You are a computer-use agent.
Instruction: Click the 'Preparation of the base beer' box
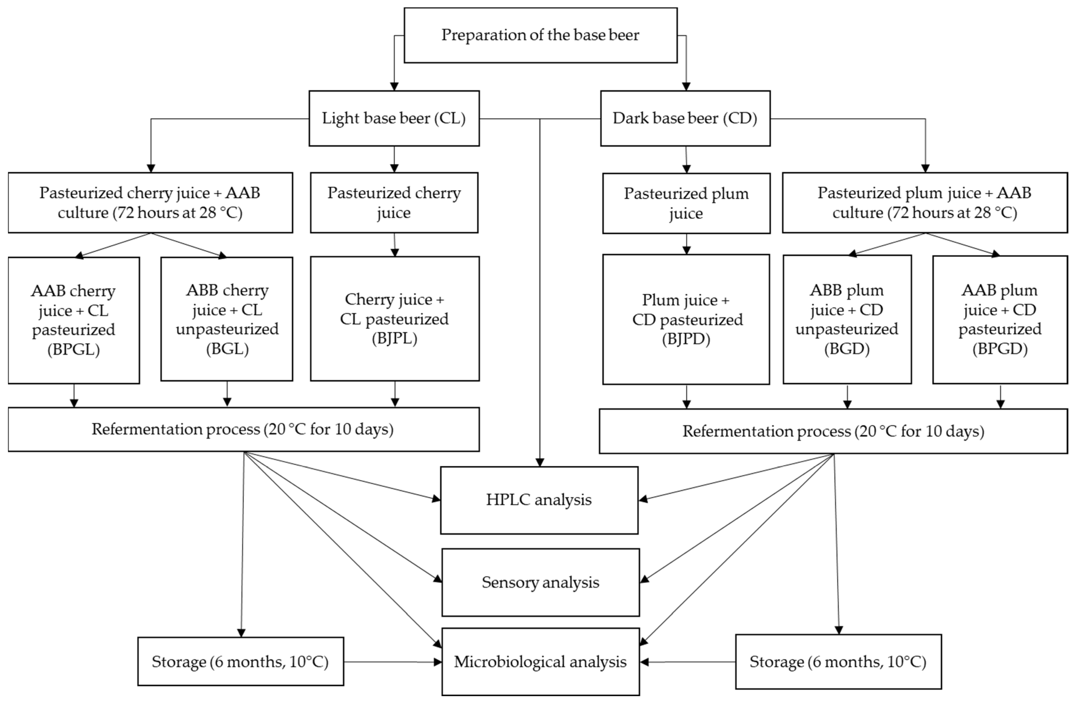click(540, 35)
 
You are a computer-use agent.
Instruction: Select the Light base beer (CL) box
click(394, 118)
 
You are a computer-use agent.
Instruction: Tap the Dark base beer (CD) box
click(685, 118)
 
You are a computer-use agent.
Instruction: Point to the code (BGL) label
click(227, 349)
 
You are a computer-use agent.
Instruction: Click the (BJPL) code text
click(394, 338)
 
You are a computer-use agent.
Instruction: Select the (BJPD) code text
click(686, 339)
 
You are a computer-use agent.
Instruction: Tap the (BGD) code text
click(847, 349)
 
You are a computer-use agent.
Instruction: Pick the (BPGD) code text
click(1000, 349)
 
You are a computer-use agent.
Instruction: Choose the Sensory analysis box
click(540, 582)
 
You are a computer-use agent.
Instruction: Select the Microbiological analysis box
click(540, 662)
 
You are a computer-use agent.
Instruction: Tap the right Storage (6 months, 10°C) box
click(838, 662)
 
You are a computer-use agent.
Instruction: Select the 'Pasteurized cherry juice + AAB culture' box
click(150, 202)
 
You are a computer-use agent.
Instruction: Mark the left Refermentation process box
click(243, 429)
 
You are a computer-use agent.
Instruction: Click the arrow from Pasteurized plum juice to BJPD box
click(686, 244)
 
